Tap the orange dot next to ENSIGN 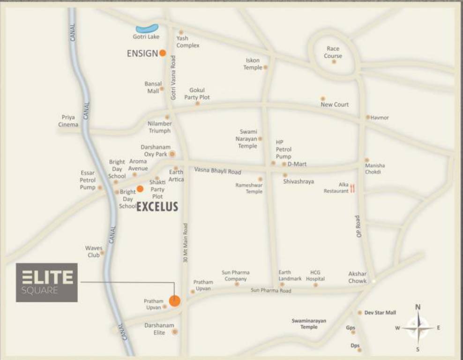162,53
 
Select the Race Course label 333,52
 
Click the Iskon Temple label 252,64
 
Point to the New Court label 335,105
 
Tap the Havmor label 380,118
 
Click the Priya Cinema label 68,121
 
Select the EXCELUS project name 157,206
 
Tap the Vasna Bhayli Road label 217,172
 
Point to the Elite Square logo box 47,282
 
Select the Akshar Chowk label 357,277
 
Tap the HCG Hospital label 315,276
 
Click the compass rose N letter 418,307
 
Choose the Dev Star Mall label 380,313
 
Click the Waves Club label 93,252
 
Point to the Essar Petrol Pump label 88,180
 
